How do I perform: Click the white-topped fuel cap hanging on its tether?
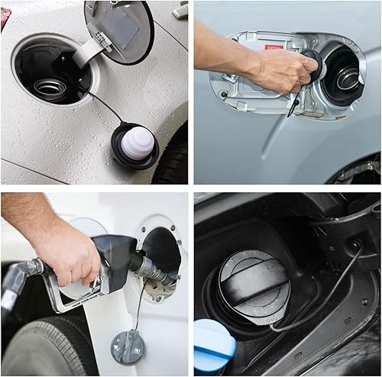pyautogui.click(x=135, y=144)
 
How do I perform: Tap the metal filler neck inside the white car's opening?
pyautogui.click(x=50, y=88)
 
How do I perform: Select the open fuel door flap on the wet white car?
pyautogui.click(x=120, y=29)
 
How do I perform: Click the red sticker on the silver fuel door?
pyautogui.click(x=274, y=47)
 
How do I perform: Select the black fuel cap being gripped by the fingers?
pyautogui.click(x=312, y=64)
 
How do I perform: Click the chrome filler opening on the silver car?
pyautogui.click(x=348, y=78)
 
